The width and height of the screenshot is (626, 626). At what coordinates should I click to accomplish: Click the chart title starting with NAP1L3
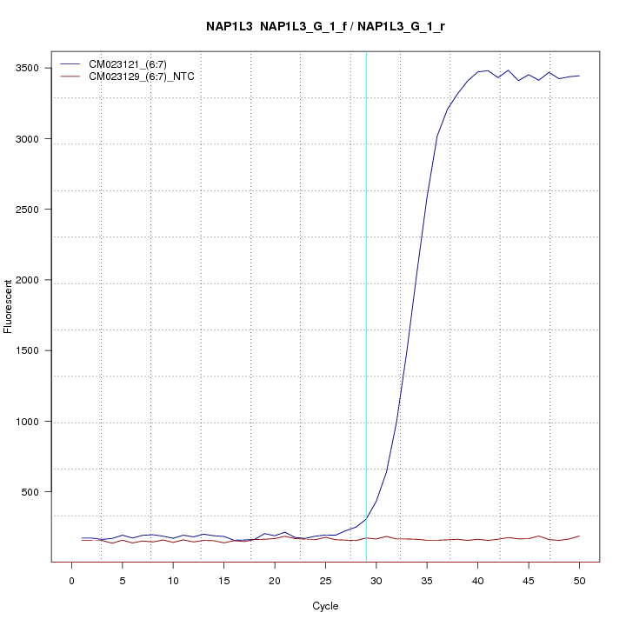325,27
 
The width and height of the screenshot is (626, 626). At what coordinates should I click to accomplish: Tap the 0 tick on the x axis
71,578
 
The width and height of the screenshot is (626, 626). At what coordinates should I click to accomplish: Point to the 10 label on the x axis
173,578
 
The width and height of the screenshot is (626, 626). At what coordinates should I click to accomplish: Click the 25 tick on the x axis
325,578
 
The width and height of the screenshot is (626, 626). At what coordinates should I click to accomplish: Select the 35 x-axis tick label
427,578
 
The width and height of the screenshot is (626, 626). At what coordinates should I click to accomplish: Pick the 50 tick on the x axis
579,578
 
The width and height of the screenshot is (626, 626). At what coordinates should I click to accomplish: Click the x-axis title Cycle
325,606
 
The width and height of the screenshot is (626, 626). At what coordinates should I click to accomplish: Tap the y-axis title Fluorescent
9,306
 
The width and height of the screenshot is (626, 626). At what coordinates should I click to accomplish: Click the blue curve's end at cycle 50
579,76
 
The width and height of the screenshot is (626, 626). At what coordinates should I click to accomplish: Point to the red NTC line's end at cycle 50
579,536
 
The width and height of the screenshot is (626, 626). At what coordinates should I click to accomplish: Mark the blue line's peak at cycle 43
508,70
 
